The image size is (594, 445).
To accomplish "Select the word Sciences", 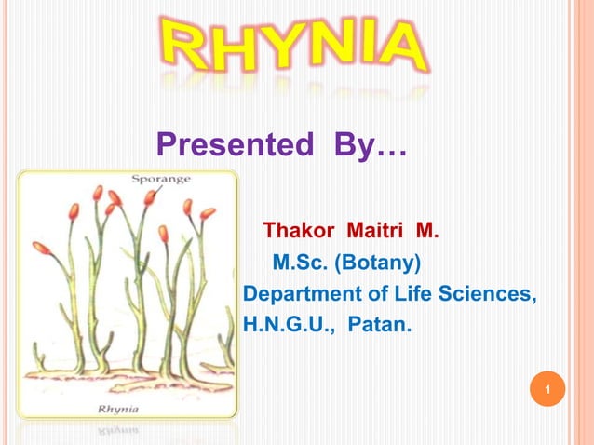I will pos(490,294).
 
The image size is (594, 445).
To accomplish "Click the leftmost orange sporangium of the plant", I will pos(41,249).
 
